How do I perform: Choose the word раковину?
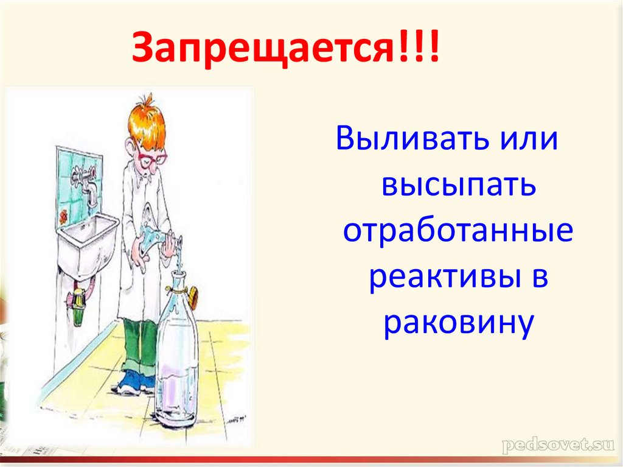(458, 322)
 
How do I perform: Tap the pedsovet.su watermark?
(555, 445)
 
